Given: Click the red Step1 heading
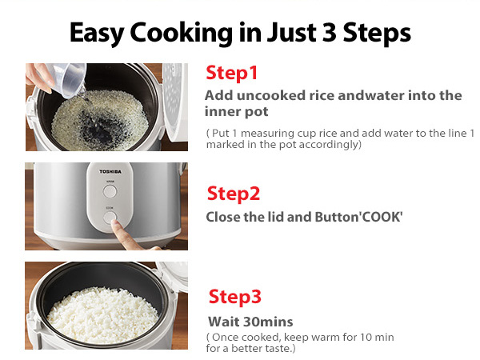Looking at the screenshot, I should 232,73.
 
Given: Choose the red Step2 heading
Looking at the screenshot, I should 234,194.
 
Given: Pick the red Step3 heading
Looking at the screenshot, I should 235,297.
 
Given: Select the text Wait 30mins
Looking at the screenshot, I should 250,322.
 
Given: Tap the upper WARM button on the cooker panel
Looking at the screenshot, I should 110,190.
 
